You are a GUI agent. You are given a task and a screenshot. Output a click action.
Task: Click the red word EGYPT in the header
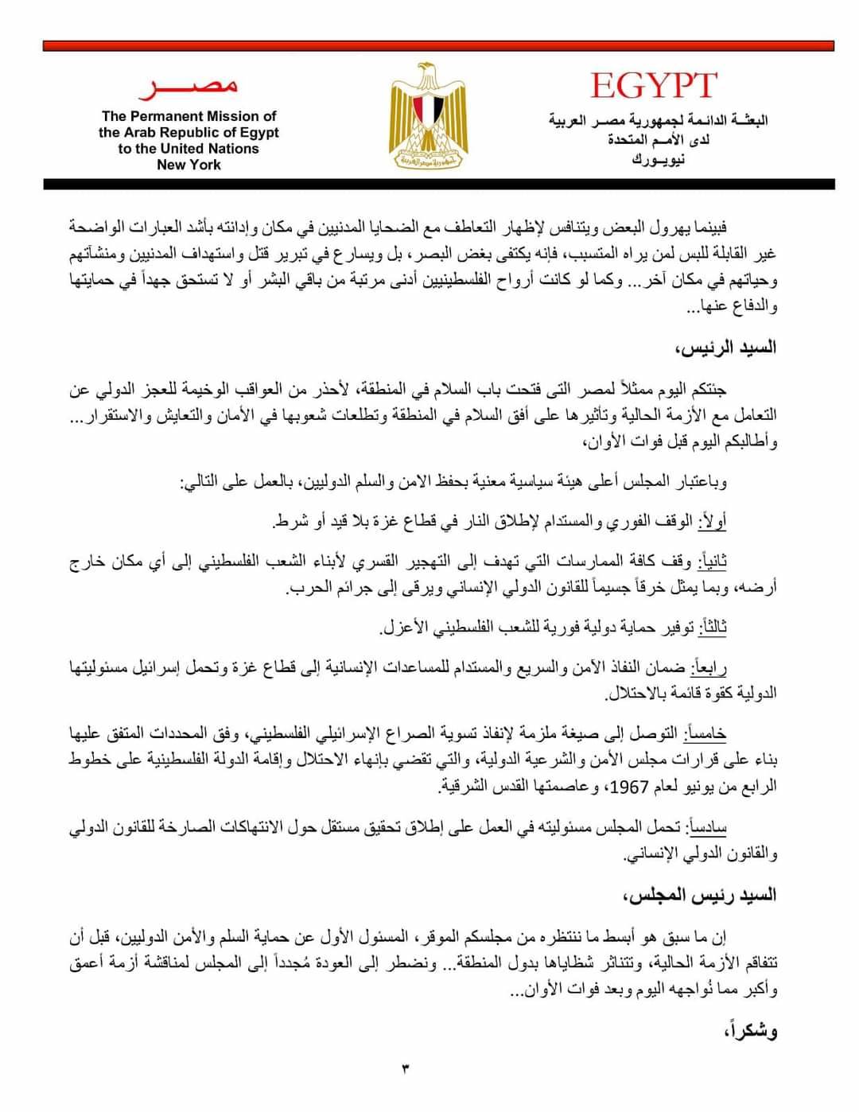(x=654, y=86)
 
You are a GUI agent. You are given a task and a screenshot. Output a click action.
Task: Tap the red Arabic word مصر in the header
(x=188, y=86)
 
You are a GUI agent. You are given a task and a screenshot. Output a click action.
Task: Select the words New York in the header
(x=189, y=165)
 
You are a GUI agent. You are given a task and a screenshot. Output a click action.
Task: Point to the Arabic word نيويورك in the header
(x=659, y=159)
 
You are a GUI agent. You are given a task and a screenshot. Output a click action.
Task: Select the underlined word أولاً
(x=712, y=521)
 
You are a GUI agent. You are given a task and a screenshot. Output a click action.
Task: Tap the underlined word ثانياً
(x=713, y=562)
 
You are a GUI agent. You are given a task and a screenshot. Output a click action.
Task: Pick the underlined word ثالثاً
(x=713, y=627)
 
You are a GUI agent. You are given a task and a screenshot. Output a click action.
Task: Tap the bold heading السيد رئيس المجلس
(x=700, y=896)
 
